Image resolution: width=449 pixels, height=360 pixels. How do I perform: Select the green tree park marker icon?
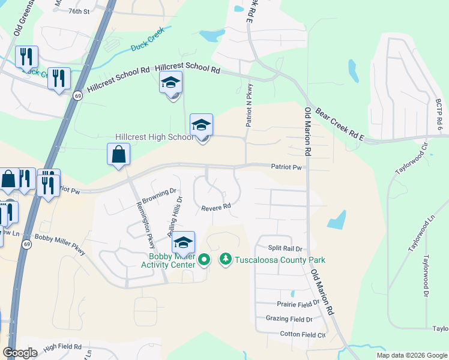pos(226,259)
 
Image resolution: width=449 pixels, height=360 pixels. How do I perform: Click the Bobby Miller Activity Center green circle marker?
pos(204,260)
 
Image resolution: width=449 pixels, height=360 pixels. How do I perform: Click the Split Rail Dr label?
pos(284,248)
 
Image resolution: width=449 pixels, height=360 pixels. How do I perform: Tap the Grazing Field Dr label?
pos(286,319)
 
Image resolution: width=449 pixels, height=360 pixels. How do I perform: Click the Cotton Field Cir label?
pos(303,334)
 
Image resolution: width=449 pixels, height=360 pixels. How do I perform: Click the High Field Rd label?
pos(62,346)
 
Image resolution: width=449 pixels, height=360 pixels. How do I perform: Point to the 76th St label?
pos(79,11)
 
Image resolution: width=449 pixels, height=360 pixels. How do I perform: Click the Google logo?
pos(20,353)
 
